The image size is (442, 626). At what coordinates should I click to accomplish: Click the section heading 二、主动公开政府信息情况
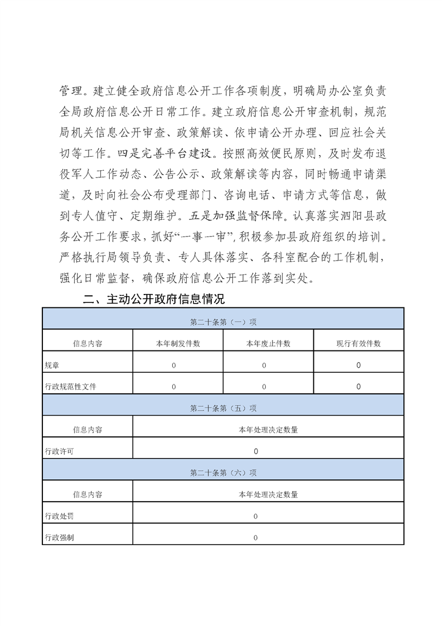point(154,300)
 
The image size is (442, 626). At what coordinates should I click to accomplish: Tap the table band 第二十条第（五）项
point(223,408)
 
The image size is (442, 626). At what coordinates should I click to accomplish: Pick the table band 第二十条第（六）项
point(223,473)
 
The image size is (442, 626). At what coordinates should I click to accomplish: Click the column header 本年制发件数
point(178,344)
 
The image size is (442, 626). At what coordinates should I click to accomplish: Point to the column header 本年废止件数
point(268,344)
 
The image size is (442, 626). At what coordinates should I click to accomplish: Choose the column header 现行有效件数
point(358,344)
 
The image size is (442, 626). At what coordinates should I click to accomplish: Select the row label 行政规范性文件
point(70,387)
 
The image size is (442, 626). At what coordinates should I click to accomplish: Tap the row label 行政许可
point(59,451)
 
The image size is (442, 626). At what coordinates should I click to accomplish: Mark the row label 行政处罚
point(59,516)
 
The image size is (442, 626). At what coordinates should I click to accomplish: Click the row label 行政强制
point(59,538)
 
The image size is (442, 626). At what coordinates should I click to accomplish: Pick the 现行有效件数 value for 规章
point(358,365)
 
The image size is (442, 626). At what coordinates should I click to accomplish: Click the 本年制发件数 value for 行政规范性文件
point(174,387)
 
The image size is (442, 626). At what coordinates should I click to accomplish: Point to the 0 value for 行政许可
point(256,451)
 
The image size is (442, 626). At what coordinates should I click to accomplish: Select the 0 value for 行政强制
point(256,538)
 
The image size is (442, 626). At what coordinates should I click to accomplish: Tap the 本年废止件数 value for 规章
point(264,365)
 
